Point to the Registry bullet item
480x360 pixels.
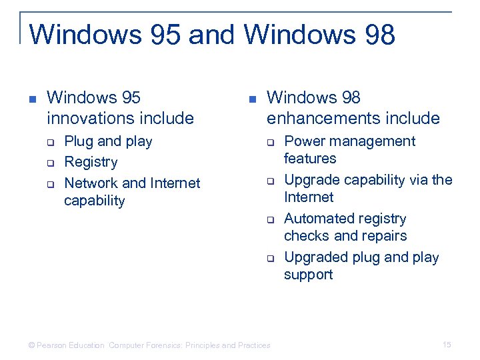pos(91,162)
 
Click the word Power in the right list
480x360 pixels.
pos(303,141)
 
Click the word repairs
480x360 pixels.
pos(384,236)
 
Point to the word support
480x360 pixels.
pos(308,275)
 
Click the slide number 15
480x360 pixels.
pos(447,345)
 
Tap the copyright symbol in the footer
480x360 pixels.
pos(31,345)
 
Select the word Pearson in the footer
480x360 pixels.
pos(51,345)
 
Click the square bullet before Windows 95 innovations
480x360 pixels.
pos(31,99)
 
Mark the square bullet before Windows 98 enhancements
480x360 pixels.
pos(251,99)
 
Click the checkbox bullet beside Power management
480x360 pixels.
pos(271,142)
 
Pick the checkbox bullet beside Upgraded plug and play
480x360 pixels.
pos(271,258)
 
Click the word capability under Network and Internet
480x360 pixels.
pos(94,201)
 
